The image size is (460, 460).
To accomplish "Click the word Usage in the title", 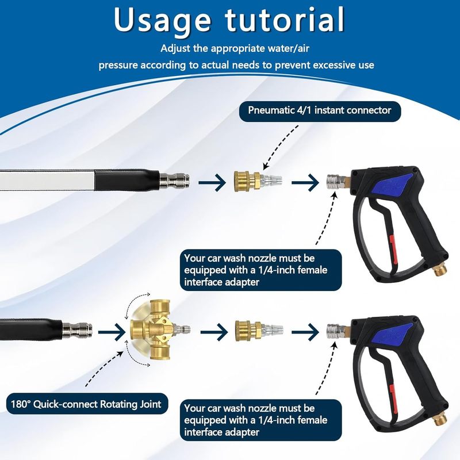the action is tap(162, 20).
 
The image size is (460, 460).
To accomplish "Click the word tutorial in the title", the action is tap(284, 20).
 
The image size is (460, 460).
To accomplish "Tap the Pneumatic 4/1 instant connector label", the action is tap(320, 111).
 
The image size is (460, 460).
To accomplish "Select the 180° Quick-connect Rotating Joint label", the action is tap(87, 404).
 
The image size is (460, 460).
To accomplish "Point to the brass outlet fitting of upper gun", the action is tap(440, 271).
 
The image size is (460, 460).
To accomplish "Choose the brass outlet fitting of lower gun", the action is tap(440, 420).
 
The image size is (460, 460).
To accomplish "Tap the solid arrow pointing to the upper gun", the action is tap(305, 182).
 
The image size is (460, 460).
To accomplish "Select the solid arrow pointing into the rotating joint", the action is tap(112, 332).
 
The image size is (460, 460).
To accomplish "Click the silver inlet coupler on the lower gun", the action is tap(336, 332).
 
